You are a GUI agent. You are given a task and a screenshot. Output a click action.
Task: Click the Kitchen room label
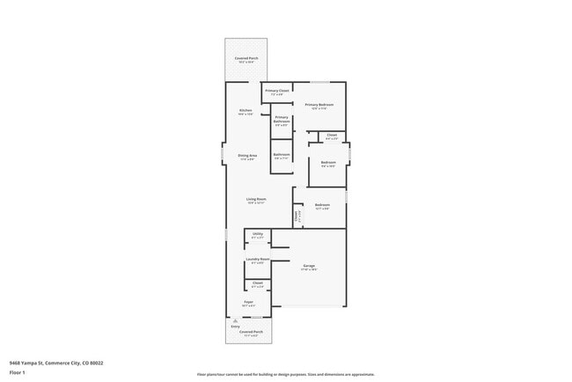(246, 110)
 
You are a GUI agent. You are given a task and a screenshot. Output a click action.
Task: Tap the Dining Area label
(246, 156)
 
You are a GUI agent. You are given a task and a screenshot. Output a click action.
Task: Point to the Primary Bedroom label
(319, 105)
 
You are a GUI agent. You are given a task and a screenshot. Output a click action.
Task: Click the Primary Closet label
(277, 90)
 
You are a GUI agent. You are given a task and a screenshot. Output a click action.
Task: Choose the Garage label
(309, 265)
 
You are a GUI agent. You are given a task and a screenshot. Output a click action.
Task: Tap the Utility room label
(258, 234)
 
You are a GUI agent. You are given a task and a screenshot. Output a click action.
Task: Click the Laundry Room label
(258, 260)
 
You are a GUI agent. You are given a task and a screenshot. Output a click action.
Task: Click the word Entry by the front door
(235, 327)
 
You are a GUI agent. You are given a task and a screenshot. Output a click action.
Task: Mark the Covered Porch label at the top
(246, 59)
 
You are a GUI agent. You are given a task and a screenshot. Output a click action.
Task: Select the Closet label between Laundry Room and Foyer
(258, 283)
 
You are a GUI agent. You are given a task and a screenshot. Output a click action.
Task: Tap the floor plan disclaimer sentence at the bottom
(285, 374)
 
